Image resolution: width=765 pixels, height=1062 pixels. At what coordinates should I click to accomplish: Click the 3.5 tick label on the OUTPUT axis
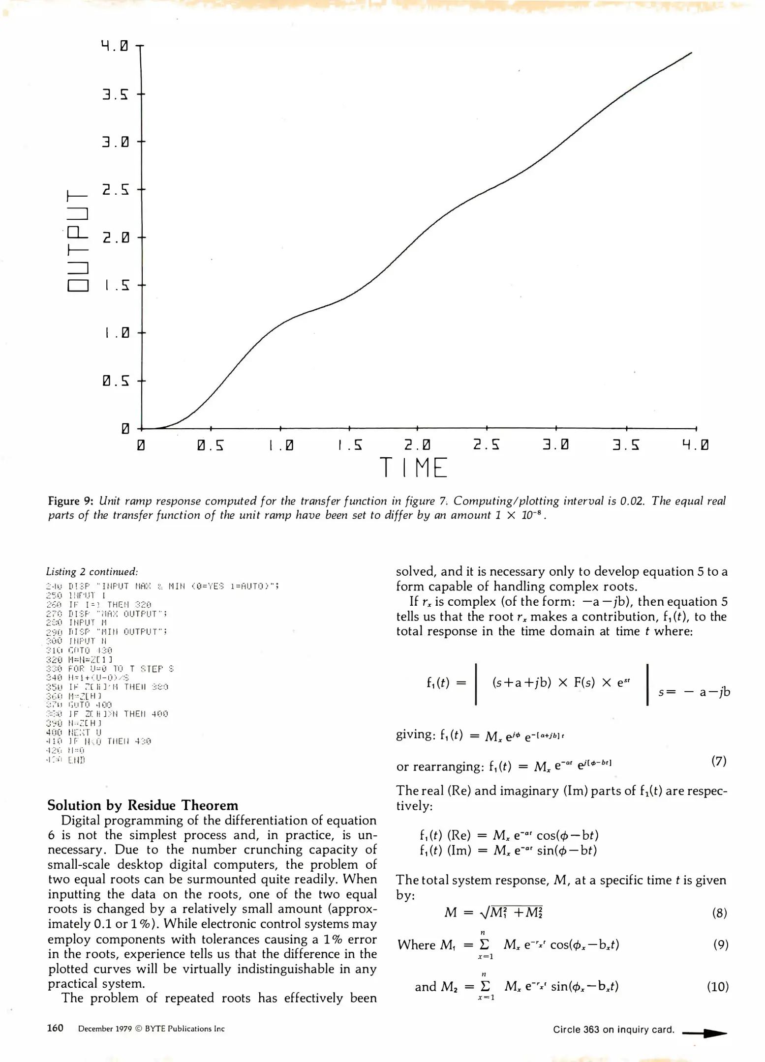click(x=115, y=94)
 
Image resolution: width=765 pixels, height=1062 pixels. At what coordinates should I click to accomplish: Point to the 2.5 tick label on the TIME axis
click(x=486, y=445)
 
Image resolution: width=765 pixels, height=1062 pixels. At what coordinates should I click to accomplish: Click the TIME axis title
click(x=413, y=468)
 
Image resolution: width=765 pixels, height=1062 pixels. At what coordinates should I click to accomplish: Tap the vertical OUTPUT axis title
click(x=78, y=240)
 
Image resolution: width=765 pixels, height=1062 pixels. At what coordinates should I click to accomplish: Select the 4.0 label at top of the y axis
click(x=115, y=46)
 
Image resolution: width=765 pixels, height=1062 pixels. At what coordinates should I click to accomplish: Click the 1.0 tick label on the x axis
click(x=281, y=445)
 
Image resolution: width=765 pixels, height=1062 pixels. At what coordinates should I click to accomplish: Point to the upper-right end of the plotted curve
click(x=691, y=53)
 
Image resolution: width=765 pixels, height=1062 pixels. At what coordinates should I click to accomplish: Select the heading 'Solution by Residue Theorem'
click(x=143, y=805)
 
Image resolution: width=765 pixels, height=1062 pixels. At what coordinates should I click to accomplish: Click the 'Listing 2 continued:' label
click(x=92, y=572)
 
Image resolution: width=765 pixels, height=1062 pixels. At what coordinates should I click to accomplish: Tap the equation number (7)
click(x=719, y=761)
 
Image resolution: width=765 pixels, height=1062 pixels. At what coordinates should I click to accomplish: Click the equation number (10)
click(x=718, y=987)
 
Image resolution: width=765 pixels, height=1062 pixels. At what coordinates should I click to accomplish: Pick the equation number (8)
click(x=719, y=913)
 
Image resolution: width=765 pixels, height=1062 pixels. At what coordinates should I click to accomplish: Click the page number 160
click(x=55, y=1028)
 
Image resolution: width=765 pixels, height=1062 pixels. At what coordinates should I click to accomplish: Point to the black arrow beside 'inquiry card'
click(x=704, y=1033)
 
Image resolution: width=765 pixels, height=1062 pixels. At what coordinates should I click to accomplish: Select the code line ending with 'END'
click(x=66, y=760)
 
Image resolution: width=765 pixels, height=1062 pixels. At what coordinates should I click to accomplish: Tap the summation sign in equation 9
click(x=485, y=944)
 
